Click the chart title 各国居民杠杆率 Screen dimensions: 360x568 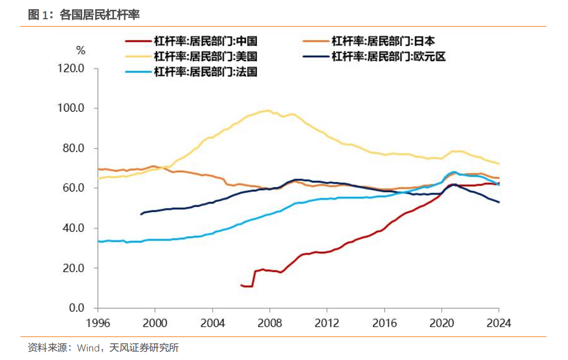pos(99,15)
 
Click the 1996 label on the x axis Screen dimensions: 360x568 pos(98,323)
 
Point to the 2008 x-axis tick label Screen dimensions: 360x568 pos(269,323)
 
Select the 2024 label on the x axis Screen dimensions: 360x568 pos(499,323)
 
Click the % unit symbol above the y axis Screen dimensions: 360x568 pos(81,51)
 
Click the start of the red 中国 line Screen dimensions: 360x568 pos(241,285)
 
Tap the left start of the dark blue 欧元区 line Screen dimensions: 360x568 pos(141,214)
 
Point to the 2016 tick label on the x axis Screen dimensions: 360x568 pos(384,323)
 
